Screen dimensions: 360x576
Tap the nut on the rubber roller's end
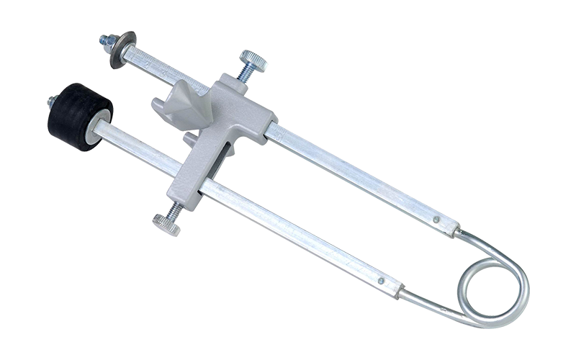53,102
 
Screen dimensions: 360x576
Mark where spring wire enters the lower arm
401,292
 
